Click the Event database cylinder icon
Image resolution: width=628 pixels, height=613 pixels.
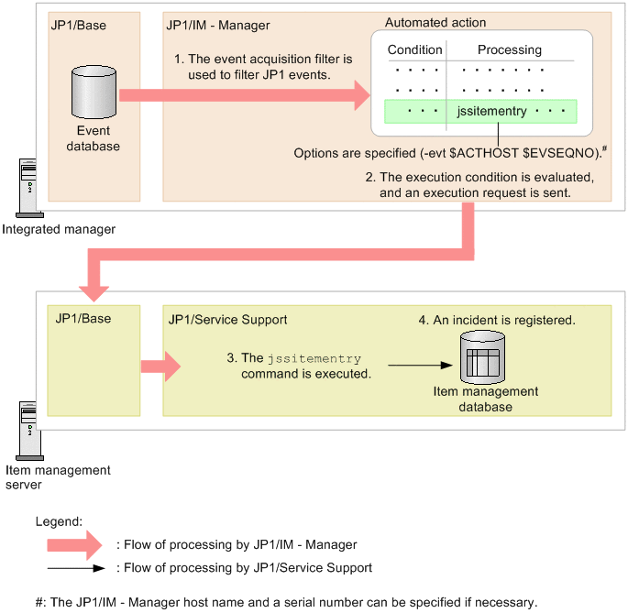point(94,93)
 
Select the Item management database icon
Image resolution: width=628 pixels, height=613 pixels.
point(482,357)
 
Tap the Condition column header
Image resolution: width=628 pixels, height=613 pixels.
point(415,49)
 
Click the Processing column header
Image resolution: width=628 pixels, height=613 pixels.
point(510,49)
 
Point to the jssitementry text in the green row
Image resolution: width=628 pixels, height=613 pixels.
point(491,111)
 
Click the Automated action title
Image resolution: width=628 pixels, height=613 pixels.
point(435,22)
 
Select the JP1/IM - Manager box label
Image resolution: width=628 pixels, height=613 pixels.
point(218,26)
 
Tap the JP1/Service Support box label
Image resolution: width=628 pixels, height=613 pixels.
point(227,320)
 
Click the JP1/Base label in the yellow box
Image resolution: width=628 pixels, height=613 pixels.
point(83,319)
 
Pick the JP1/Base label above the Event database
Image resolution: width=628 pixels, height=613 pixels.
point(79,26)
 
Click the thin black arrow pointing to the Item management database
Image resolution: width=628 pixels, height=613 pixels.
point(420,366)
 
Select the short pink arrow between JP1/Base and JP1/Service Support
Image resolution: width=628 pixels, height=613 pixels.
point(160,367)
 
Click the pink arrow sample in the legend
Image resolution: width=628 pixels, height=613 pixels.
point(74,545)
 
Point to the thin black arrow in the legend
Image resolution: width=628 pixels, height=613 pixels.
point(76,568)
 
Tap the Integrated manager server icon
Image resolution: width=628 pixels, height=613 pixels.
point(28,188)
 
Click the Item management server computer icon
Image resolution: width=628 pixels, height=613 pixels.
point(28,431)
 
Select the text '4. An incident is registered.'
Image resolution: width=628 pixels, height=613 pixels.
point(497,320)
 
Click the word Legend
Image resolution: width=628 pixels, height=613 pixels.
point(59,521)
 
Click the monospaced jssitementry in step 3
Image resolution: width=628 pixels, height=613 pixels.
point(314,358)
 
